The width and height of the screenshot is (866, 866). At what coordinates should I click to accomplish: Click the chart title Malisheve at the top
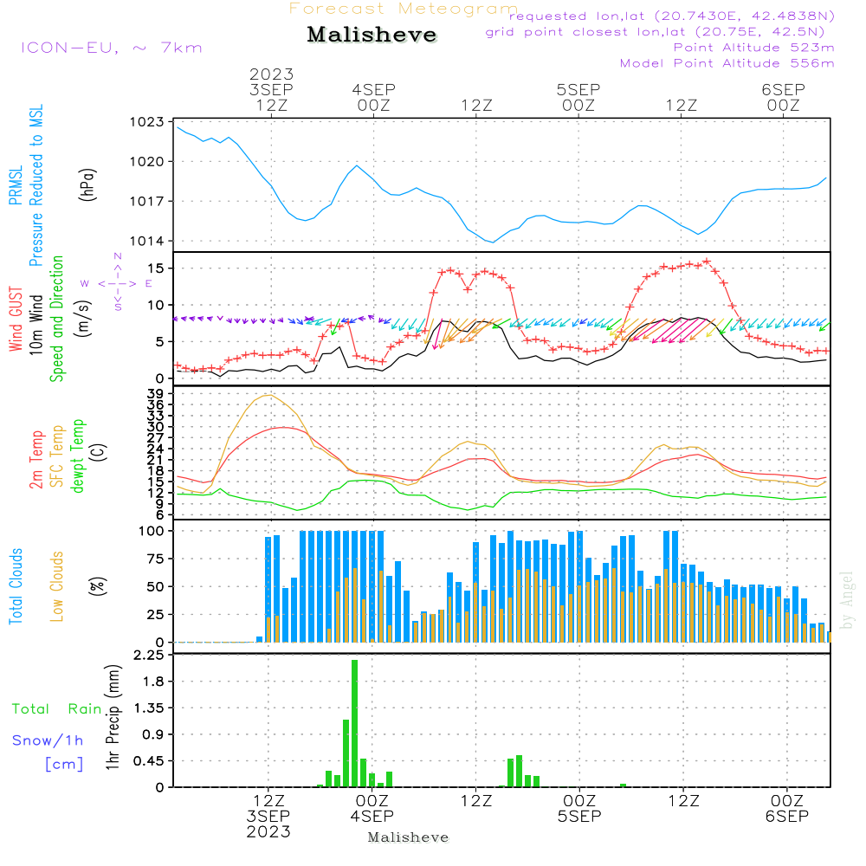372,35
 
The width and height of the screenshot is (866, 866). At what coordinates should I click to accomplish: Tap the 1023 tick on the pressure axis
146,121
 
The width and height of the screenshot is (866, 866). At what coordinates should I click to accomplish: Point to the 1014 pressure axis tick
146,241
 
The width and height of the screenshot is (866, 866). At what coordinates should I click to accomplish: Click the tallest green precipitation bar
354,723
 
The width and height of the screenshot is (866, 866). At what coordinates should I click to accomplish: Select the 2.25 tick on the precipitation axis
149,655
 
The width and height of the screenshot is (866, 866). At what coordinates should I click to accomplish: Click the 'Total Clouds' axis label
16,586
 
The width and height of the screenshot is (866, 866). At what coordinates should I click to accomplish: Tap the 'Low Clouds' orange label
57,586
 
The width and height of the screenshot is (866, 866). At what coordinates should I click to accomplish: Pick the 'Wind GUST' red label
16,319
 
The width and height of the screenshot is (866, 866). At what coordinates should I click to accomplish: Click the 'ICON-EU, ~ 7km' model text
112,48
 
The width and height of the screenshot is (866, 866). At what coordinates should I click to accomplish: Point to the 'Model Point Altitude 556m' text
727,63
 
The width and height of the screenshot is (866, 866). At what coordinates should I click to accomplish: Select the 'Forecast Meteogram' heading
404,9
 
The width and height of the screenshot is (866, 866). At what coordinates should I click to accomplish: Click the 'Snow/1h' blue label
48,740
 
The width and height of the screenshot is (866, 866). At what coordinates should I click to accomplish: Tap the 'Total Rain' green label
57,708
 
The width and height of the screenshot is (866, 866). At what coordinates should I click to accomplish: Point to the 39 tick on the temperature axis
156,394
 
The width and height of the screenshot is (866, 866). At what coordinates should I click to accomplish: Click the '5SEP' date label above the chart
578,89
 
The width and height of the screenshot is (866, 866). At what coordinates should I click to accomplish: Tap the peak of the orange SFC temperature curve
268,395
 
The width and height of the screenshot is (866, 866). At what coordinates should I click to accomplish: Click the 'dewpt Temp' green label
77,456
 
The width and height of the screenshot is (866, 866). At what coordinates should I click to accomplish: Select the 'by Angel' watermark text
847,600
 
